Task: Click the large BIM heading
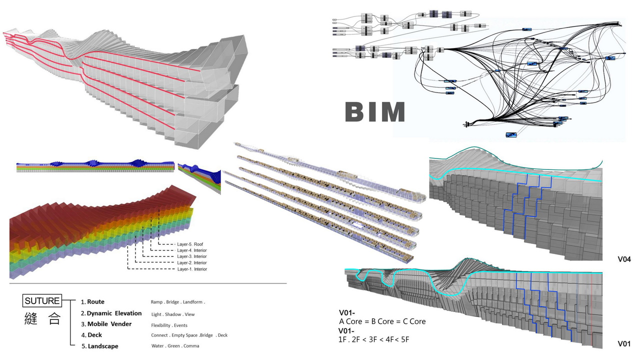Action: click(x=375, y=112)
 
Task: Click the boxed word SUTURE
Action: click(x=42, y=301)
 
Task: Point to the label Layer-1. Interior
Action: click(x=192, y=269)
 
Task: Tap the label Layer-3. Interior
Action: click(x=192, y=256)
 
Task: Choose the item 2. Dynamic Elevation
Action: click(x=111, y=313)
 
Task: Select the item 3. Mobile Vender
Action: click(x=106, y=324)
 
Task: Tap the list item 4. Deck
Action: click(x=92, y=335)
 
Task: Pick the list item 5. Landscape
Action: click(x=99, y=346)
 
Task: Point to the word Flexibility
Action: click(x=161, y=325)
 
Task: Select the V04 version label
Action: click(x=624, y=259)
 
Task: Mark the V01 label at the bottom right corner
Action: click(x=624, y=344)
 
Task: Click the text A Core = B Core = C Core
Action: click(x=382, y=321)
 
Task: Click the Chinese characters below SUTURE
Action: click(x=42, y=319)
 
